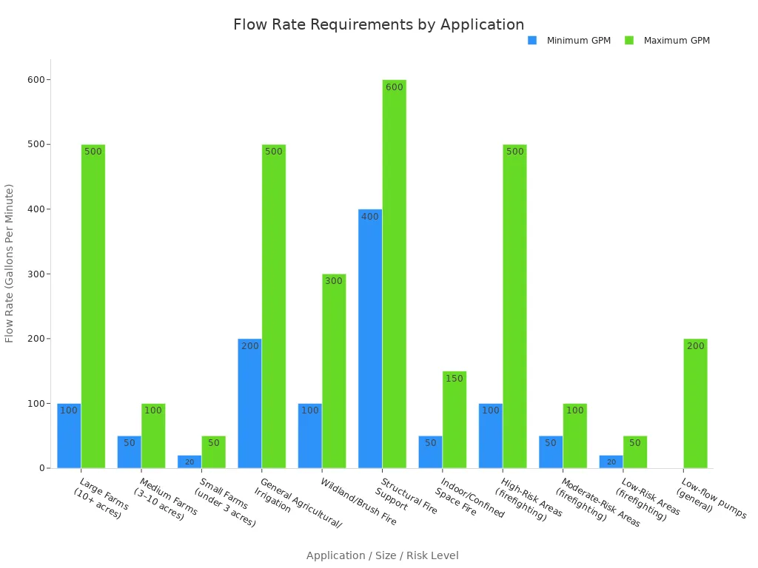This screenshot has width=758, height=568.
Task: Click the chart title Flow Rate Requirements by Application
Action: coord(378,24)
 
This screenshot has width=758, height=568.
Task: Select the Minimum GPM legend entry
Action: coord(578,41)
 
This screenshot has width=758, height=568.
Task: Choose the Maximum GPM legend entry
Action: coord(676,41)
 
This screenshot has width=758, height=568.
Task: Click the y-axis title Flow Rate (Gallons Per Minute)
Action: coord(10,263)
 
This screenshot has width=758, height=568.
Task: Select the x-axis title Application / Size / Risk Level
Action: coord(382,555)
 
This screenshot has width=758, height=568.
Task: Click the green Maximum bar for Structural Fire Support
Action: coord(395,274)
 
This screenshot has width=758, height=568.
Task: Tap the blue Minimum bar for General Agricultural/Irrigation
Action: coord(249,403)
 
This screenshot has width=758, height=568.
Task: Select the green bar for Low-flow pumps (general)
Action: coord(695,403)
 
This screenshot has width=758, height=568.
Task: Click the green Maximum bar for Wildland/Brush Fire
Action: coord(334,371)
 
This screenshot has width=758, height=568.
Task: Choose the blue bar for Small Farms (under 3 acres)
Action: coord(189,461)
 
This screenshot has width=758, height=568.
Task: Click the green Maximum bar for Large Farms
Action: coord(93,306)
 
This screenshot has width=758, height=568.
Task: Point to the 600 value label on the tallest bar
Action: coord(395,87)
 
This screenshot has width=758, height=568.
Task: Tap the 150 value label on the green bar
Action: coord(455,379)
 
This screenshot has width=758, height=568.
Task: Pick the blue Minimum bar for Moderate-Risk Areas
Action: coord(551,452)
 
